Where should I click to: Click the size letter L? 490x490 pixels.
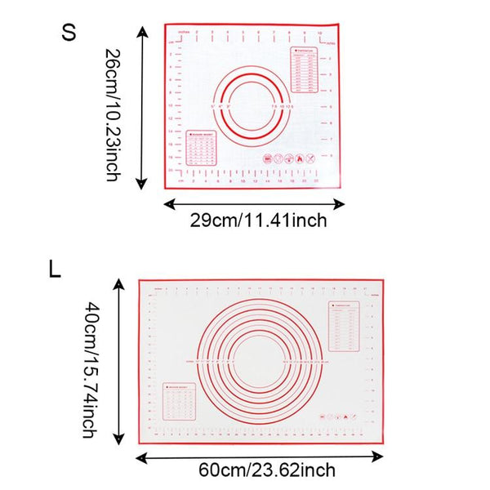pos(55,269)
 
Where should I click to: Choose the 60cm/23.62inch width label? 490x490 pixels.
pos(267,470)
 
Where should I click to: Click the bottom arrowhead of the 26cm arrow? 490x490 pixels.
pos(144,185)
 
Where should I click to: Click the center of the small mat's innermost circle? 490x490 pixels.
pos(252,105)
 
